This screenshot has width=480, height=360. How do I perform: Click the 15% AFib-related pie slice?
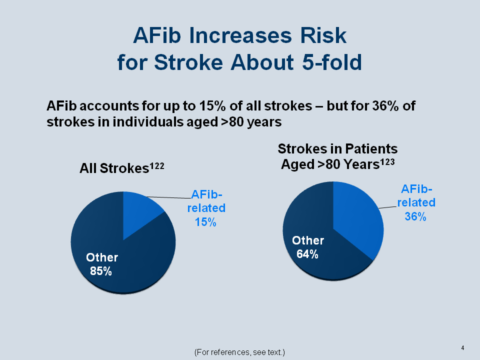tap(139, 211)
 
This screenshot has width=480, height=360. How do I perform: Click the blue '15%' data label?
tap(205, 222)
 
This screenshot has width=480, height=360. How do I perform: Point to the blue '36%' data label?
tap(415, 216)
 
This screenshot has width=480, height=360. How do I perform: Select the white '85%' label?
tap(100, 271)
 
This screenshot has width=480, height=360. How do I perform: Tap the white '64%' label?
tap(307, 254)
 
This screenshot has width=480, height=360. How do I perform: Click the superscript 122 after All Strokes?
tap(156, 166)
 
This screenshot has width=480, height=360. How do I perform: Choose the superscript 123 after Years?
tap(387, 161)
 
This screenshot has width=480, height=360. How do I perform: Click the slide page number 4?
tap(462, 348)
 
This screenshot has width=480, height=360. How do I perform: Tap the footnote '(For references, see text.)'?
tap(239, 352)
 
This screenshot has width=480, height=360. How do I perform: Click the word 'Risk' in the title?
tap(323, 35)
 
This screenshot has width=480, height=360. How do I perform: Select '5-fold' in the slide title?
tap(332, 62)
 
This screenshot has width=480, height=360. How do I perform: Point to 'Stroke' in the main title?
tap(188, 62)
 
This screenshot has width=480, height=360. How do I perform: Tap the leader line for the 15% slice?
tap(169, 197)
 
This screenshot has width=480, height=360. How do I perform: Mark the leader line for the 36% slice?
tap(388, 207)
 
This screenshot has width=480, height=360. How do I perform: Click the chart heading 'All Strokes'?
tap(114, 168)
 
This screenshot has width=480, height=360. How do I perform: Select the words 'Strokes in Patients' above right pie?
tap(337, 149)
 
